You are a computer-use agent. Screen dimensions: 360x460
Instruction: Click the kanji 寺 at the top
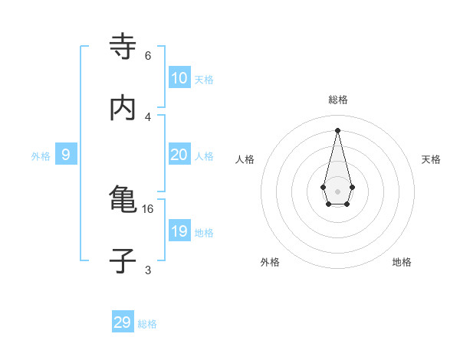click(x=123, y=48)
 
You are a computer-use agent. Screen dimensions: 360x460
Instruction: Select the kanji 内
click(x=123, y=109)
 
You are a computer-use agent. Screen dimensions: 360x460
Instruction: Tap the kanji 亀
click(x=123, y=201)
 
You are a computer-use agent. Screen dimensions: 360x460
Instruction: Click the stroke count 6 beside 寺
click(x=148, y=55)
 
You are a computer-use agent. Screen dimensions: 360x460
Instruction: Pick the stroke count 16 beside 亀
click(x=148, y=208)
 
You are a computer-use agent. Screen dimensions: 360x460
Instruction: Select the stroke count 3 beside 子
click(x=148, y=270)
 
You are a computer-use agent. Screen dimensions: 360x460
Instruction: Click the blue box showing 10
click(x=179, y=78)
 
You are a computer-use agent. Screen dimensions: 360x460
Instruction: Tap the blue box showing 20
click(x=179, y=155)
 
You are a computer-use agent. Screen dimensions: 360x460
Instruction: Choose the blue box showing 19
click(x=179, y=231)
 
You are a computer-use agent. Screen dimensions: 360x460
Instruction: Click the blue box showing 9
click(x=66, y=155)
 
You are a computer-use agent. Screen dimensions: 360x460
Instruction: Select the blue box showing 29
click(x=123, y=322)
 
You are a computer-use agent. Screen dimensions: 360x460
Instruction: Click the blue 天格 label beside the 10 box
click(x=204, y=79)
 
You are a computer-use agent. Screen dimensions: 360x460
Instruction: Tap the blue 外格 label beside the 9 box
click(x=41, y=155)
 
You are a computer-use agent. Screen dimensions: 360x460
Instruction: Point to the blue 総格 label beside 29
click(x=147, y=324)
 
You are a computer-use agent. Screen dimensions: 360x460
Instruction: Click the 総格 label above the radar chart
click(x=338, y=100)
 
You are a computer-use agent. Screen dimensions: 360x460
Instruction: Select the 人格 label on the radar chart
click(x=245, y=159)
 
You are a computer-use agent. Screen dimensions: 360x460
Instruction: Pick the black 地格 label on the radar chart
click(x=402, y=262)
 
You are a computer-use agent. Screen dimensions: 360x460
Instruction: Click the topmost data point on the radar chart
click(x=338, y=129)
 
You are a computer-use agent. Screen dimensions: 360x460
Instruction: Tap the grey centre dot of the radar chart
click(x=338, y=191)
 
